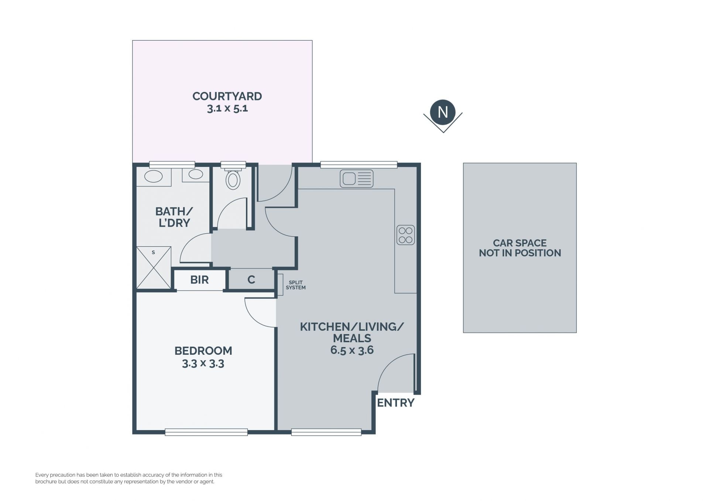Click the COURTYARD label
227,96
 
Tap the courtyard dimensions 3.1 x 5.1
227,109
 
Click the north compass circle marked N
443,112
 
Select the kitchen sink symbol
357,179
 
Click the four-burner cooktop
405,235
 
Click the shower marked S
154,268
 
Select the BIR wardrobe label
199,280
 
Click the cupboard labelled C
251,280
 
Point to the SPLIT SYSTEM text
296,285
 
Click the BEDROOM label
203,350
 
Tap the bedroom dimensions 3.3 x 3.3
203,364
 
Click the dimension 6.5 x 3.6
352,350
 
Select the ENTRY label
395,403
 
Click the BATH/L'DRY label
174,217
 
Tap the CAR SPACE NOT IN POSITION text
520,248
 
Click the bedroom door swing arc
254,318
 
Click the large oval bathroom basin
153,176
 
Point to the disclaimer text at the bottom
129,478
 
